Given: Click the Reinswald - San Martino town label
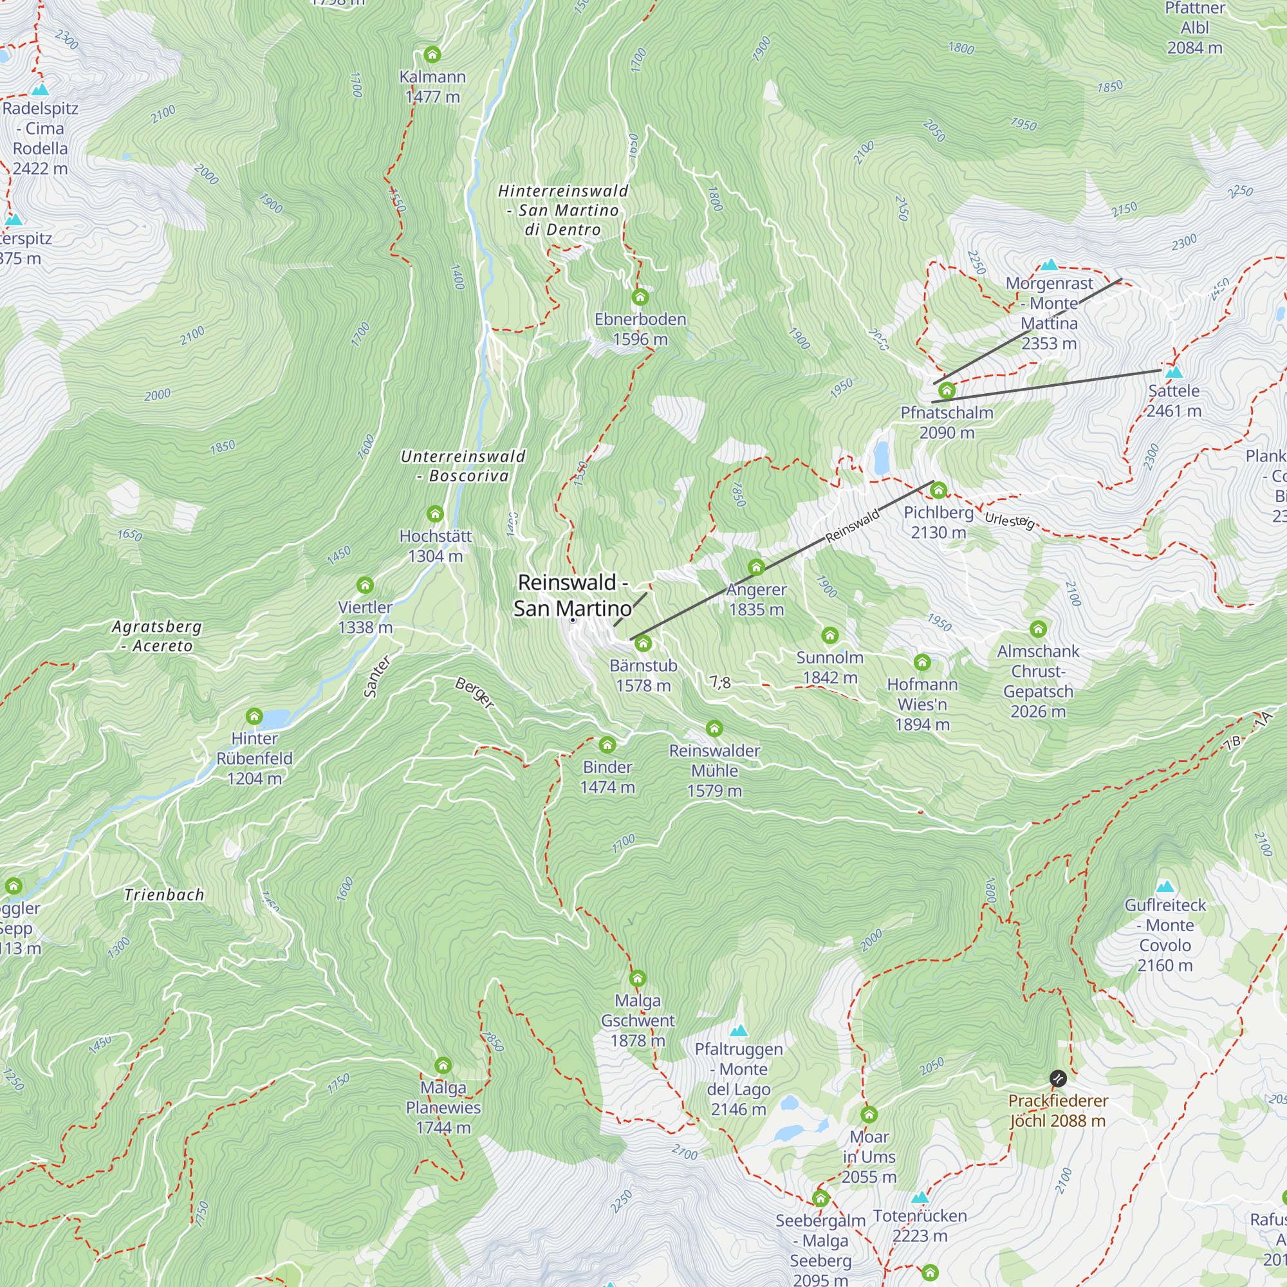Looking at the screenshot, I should click(572, 595).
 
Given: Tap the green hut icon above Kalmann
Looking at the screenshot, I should click(432, 55).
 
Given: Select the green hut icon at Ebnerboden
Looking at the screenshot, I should click(640, 297).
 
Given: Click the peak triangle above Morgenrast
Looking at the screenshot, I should click(1049, 265).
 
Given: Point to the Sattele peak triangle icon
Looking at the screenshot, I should click(1174, 373).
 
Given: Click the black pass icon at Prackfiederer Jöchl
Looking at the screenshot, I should click(1058, 1078).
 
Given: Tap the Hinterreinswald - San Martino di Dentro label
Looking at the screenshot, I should click(563, 210).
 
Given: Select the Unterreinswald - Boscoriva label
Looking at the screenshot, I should click(463, 466).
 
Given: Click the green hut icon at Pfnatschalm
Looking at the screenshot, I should click(947, 391).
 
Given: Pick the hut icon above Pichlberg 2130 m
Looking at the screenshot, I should click(939, 491).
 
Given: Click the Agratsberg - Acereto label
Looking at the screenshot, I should click(156, 636).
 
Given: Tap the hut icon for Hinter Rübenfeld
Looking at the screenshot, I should click(254, 717).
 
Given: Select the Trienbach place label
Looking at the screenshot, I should click(164, 894).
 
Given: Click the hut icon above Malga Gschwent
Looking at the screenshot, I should click(638, 979).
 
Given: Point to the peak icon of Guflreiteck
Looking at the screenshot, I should click(1165, 887).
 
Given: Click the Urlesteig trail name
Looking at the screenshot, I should click(1009, 520).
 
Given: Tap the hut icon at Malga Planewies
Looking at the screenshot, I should click(443, 1065).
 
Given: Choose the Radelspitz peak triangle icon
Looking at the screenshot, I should click(40, 89).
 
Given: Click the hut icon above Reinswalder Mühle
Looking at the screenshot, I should click(714, 728).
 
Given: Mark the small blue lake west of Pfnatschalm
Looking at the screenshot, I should click(882, 457).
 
